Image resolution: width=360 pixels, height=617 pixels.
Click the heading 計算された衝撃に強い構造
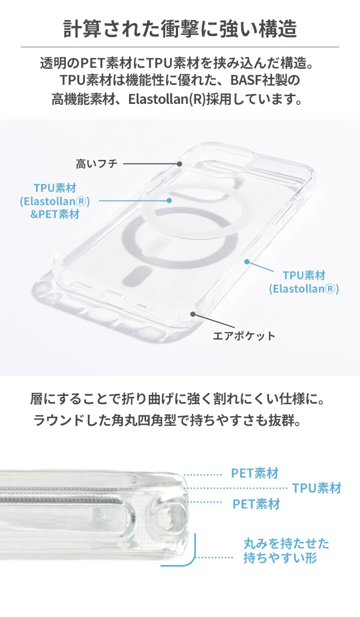(x=180, y=29)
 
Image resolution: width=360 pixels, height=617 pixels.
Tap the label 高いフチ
(x=97, y=164)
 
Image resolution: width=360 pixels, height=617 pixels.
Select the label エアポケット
(x=244, y=336)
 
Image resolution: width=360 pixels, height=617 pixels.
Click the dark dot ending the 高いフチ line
(x=179, y=164)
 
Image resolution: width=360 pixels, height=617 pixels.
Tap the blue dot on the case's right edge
(x=247, y=262)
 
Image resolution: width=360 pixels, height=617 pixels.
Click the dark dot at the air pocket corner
(x=193, y=314)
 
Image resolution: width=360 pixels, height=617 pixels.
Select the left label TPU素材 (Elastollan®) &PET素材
(x=55, y=201)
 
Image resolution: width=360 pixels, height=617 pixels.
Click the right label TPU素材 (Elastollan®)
(x=303, y=282)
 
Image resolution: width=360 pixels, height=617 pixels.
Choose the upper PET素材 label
(x=255, y=473)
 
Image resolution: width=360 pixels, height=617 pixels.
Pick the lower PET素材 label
(x=256, y=504)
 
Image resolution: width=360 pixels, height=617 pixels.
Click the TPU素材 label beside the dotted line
(x=316, y=488)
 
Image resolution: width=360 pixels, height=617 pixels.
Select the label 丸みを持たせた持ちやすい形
(x=286, y=551)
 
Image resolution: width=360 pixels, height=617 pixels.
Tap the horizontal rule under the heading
(x=180, y=47)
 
